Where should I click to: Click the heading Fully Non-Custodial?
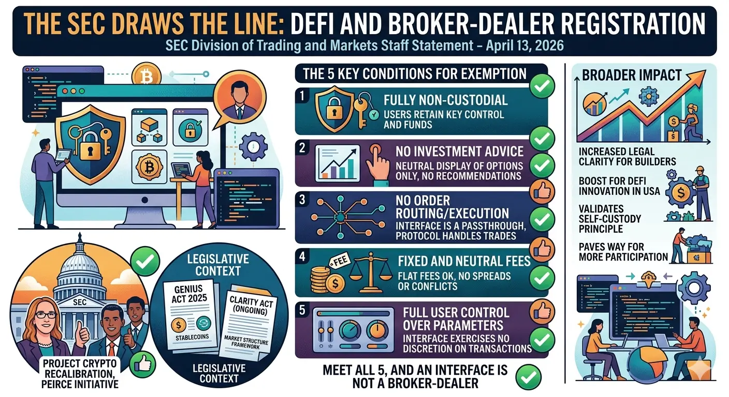[x=445, y=99]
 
